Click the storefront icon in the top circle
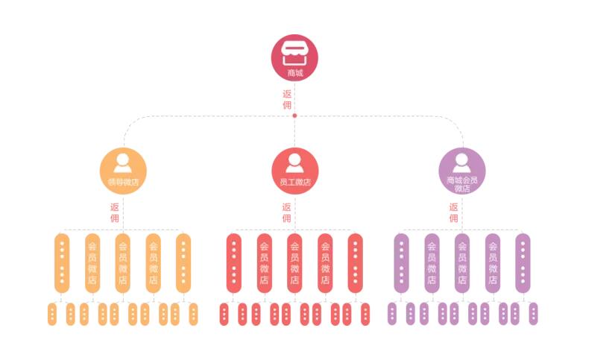tap(294, 53)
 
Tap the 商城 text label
tap(295, 72)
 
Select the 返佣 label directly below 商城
tap(287, 100)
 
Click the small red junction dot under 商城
tap(294, 116)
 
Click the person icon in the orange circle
tap(122, 162)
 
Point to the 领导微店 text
tap(123, 182)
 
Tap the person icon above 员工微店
tap(294, 162)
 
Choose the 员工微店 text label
tap(295, 182)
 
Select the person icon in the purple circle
tap(461, 162)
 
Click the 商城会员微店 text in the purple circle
tap(462, 184)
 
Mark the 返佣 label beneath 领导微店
tap(114, 212)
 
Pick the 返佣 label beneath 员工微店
tap(286, 212)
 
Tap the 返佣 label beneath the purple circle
tap(453, 212)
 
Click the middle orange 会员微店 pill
tap(122, 263)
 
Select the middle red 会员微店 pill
tap(294, 263)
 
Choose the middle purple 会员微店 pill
tap(462, 263)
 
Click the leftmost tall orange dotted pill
tap(62, 263)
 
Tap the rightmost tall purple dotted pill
tap(523, 263)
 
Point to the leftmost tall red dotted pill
tap(234, 263)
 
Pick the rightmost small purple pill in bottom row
tap(533, 314)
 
